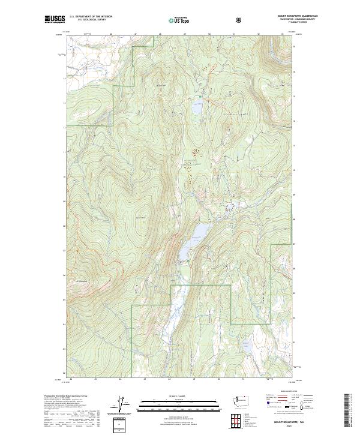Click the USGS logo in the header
click(54, 19)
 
